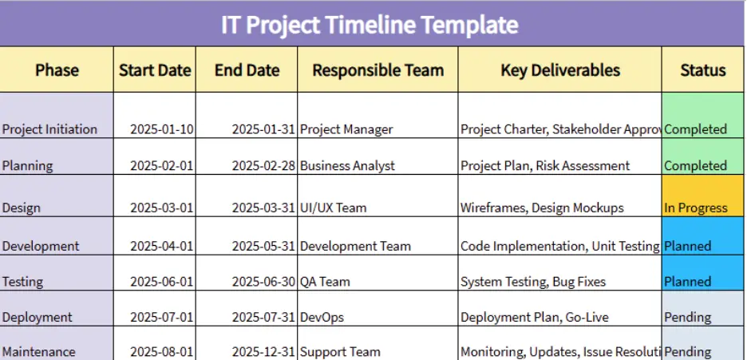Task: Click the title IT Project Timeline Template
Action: (370, 25)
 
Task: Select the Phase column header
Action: (57, 70)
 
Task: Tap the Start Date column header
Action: (155, 70)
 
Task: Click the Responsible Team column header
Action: (377, 70)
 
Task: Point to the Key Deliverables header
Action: (559, 70)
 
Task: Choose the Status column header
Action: (702, 70)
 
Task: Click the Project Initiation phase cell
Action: (49, 129)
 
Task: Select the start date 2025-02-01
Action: (162, 166)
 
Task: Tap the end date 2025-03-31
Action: (263, 208)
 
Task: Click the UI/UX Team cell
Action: (334, 208)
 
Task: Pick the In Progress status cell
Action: (696, 208)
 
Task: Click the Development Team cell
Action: (355, 246)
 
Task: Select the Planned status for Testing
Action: (687, 282)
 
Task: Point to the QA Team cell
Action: (325, 282)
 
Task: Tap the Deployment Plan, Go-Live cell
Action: (534, 317)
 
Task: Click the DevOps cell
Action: (322, 317)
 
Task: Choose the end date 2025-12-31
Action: (263, 351)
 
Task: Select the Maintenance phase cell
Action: (39, 351)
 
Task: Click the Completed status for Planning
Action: (695, 166)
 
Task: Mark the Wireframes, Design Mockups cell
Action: (542, 208)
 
